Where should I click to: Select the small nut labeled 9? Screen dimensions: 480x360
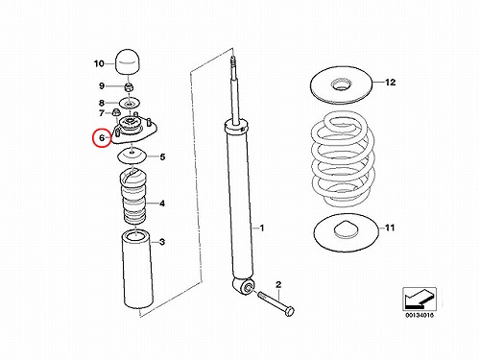[129, 86]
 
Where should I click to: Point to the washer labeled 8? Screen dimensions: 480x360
[130, 103]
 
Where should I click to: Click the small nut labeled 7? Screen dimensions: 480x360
[116, 112]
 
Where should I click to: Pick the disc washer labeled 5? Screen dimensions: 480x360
[132, 156]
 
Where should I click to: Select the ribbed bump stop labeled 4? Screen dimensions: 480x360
[132, 197]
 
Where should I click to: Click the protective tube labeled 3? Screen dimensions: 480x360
[136, 270]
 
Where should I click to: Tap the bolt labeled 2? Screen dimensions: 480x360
[276, 302]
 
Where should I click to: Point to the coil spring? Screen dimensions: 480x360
[343, 159]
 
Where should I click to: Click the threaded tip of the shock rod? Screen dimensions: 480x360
[233, 62]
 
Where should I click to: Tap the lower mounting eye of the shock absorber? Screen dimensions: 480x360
[245, 286]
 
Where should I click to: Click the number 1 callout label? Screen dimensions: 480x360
[262, 228]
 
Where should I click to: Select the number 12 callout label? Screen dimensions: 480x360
[390, 83]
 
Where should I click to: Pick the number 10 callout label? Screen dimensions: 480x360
[99, 63]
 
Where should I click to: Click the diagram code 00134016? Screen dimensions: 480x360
[420, 315]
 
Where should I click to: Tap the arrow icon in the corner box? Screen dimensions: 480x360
[420, 299]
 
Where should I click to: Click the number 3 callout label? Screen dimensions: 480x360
[162, 242]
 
